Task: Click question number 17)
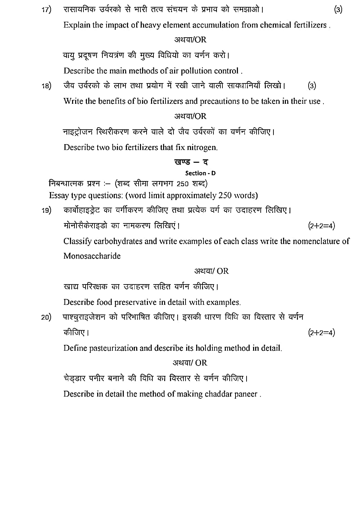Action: click(46, 10)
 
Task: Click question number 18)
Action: click(46, 86)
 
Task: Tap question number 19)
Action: click(46, 210)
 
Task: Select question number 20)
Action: click(46, 317)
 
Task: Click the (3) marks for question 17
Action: click(338, 10)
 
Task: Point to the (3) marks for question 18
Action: click(312, 86)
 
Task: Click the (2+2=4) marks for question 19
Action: click(321, 226)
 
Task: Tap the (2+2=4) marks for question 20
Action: click(321, 333)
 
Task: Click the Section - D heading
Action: click(200, 173)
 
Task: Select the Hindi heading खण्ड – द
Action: click(191, 162)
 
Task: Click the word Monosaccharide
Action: click(92, 256)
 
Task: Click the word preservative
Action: click(136, 302)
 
